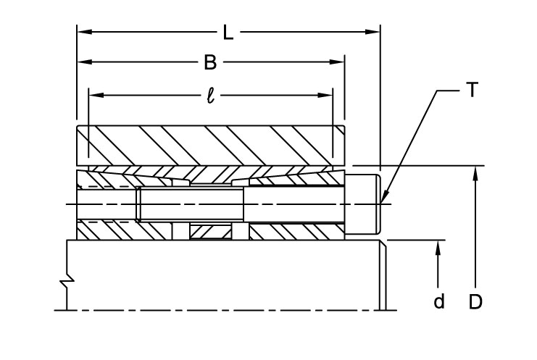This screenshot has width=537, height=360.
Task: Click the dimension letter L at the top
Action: pos(228,32)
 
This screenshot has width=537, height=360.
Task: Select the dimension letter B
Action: pos(209,63)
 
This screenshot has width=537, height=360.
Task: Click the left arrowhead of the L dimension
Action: pos(83,32)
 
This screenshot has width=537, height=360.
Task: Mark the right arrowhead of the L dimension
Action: pos(375,32)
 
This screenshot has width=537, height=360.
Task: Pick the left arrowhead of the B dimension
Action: pos(83,63)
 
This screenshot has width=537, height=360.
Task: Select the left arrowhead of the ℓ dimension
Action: pos(93,95)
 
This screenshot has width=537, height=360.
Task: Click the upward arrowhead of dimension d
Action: pos(438,247)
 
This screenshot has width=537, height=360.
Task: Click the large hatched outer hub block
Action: pos(210,145)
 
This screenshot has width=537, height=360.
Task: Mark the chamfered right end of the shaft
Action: pos(383,275)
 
